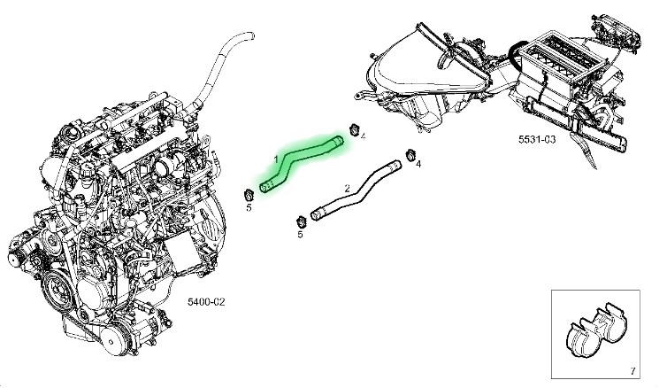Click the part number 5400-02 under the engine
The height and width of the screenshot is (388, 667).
[x=206, y=301]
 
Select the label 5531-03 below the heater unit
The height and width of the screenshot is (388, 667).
[x=536, y=139]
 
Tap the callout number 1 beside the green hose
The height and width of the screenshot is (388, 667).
[x=276, y=159]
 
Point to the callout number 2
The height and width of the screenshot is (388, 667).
[x=347, y=188]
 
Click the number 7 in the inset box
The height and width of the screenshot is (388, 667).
[x=632, y=371]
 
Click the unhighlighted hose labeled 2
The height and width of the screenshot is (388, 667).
[x=356, y=190]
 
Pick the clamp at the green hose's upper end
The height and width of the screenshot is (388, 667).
[x=354, y=129]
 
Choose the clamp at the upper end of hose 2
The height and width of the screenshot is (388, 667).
[x=410, y=155]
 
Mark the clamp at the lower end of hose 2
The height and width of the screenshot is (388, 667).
[x=301, y=222]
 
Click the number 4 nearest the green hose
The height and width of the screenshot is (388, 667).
[x=363, y=136]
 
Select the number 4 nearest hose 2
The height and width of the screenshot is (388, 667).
[x=418, y=164]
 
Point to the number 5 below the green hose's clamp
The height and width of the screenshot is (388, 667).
[x=249, y=207]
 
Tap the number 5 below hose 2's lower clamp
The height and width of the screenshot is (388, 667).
[x=300, y=234]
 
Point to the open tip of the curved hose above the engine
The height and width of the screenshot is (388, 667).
[x=252, y=35]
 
